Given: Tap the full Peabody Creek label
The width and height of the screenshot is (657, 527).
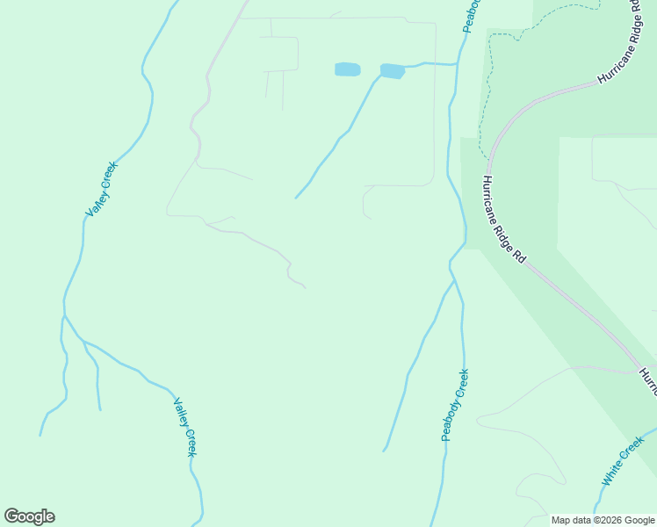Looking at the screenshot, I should click(x=455, y=405).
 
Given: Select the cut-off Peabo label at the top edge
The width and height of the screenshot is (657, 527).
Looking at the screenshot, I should click(x=472, y=15).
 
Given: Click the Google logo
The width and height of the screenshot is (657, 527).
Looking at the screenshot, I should click(x=29, y=516).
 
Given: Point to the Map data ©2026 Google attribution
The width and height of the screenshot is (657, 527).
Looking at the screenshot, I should click(x=603, y=520).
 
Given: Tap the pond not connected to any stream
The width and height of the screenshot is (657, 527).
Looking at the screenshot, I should click(x=347, y=69).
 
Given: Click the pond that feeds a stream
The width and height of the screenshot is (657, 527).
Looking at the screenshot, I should click(x=392, y=70).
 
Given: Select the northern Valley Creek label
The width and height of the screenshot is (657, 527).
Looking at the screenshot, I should click(x=101, y=188).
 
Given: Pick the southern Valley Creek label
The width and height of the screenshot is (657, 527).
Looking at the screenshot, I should click(x=184, y=427).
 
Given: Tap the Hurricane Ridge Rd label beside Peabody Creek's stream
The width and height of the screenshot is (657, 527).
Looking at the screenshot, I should click(x=503, y=220).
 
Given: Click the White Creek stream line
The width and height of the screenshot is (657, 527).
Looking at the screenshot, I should click(x=646, y=436).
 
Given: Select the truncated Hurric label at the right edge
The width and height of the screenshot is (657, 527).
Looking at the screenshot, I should click(x=647, y=380).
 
